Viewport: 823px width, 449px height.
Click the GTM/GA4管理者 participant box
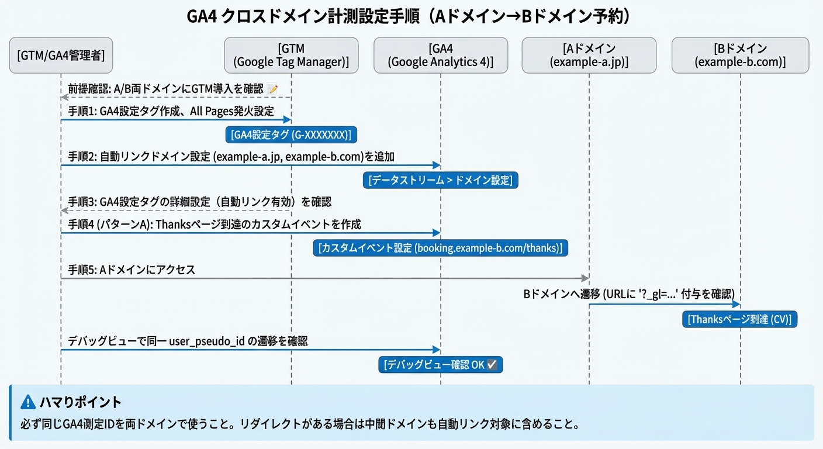pos(61,56)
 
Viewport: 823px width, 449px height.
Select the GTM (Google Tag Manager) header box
pos(291,56)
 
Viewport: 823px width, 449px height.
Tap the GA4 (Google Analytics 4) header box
pos(441,56)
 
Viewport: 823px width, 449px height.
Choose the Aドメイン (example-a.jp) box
pos(589,56)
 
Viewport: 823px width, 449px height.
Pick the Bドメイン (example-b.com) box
pos(740,56)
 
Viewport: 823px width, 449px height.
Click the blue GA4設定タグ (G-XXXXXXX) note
pos(291,135)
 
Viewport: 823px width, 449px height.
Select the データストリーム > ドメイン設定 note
pos(441,180)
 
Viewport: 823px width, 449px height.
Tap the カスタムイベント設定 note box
pos(441,248)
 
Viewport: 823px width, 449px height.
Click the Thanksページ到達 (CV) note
pos(740,319)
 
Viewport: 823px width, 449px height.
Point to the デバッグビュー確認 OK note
pos(441,365)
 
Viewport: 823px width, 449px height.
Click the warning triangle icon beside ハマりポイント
pos(28,402)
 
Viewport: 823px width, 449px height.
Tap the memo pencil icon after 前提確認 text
pos(272,89)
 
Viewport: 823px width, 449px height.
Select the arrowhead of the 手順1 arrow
pos(288,120)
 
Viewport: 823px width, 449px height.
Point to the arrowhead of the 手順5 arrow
pos(585,278)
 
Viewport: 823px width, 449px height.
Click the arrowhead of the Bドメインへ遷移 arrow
pos(736,304)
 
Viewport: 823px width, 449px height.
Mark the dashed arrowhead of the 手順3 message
pos(64,210)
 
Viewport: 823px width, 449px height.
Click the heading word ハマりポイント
pos(81,402)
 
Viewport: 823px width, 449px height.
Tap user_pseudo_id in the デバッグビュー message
pos(207,341)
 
